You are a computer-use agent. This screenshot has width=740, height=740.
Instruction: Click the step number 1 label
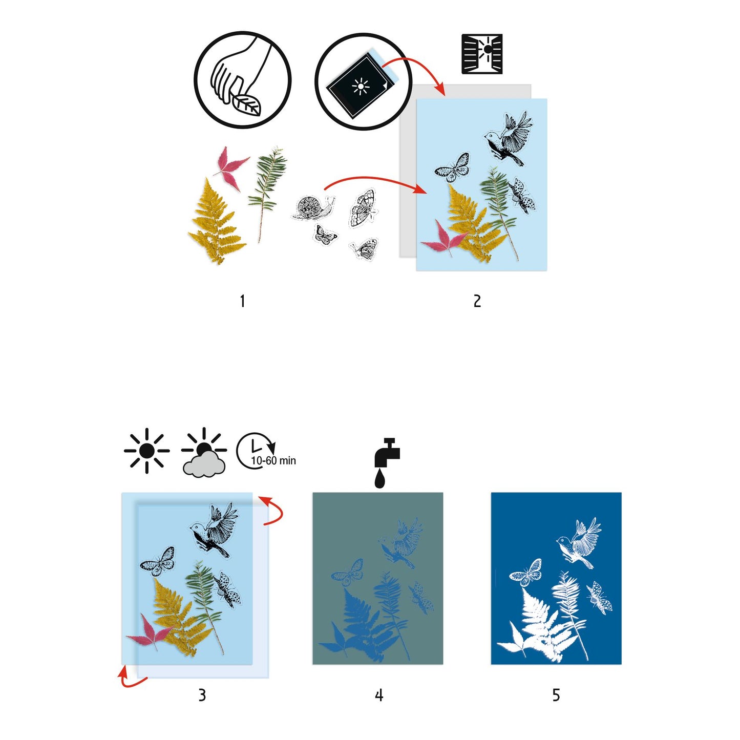(x=242, y=301)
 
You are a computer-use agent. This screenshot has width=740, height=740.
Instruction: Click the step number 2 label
(x=477, y=301)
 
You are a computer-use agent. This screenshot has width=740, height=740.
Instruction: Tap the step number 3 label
(x=202, y=695)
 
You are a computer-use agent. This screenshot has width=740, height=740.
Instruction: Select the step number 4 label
(x=378, y=695)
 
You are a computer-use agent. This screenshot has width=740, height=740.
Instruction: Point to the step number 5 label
(x=556, y=695)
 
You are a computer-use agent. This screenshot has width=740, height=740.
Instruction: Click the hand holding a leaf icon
(x=242, y=80)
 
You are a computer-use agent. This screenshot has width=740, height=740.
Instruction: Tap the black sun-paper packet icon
(x=363, y=82)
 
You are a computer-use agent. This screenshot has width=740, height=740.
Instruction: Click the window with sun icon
(x=482, y=54)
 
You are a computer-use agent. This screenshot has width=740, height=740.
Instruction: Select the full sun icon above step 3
(x=147, y=451)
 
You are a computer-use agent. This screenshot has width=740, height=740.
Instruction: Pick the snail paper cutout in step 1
(x=312, y=208)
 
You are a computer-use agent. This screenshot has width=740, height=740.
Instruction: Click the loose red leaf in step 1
(x=231, y=167)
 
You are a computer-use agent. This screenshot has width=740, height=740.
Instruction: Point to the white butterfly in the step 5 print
(x=526, y=573)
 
